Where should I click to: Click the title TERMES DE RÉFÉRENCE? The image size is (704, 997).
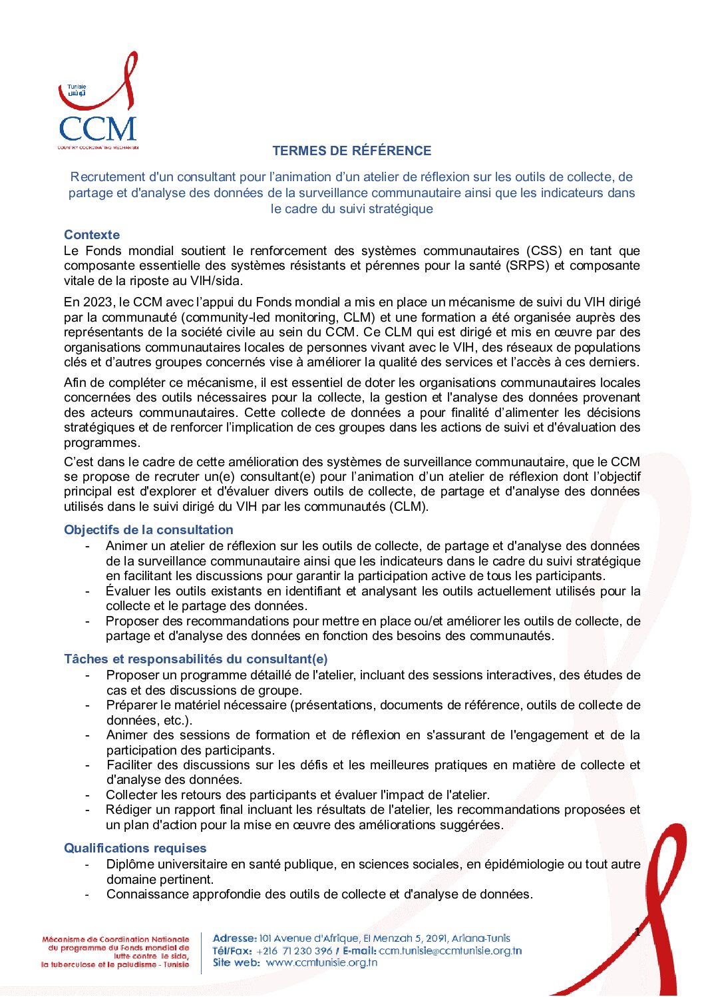(x=351, y=151)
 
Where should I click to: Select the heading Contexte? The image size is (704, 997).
(x=92, y=234)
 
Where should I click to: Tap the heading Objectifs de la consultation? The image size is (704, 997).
(x=148, y=529)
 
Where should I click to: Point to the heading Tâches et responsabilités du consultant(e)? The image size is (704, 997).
(x=196, y=659)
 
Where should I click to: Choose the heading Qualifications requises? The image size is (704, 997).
(x=135, y=848)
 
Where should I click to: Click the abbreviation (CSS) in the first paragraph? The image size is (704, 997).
(x=544, y=251)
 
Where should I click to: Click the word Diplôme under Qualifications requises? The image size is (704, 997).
(x=132, y=864)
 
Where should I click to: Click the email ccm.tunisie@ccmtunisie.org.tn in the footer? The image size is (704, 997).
(x=450, y=951)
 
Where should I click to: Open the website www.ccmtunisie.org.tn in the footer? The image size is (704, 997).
(x=321, y=962)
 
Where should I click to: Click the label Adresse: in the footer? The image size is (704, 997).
(x=234, y=938)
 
